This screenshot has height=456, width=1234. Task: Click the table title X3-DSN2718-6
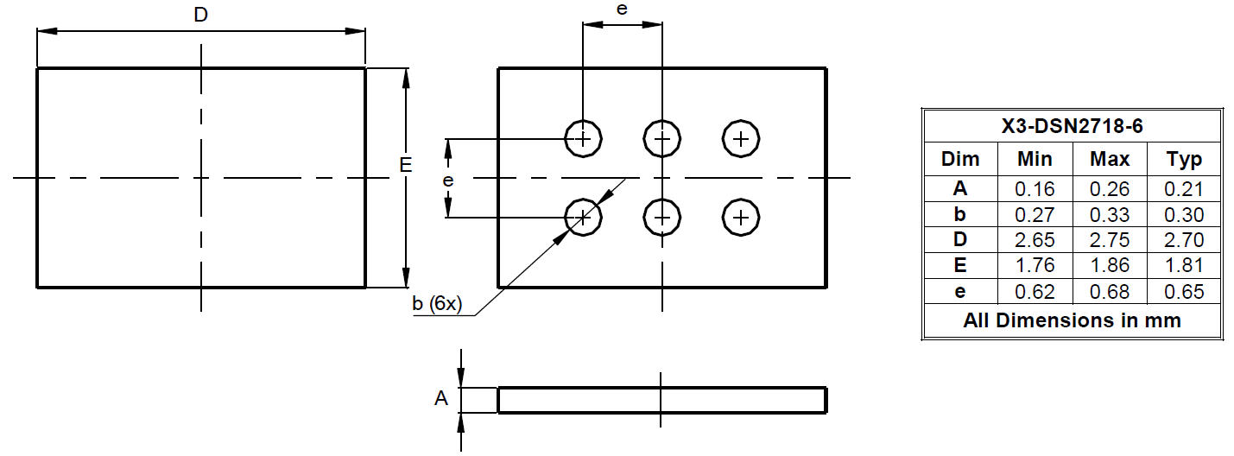(x=1072, y=127)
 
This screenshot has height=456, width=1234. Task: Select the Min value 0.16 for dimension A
(x=1035, y=189)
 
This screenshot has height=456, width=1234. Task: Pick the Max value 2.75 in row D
(x=1110, y=240)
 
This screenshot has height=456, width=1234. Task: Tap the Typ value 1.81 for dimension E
(x=1184, y=265)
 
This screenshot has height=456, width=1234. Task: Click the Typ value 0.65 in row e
(x=1184, y=291)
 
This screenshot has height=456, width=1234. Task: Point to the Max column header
(x=1110, y=159)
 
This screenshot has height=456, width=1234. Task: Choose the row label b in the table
(x=959, y=214)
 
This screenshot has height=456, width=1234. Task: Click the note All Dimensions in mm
(x=1072, y=320)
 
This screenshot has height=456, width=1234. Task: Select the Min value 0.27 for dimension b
(x=1035, y=214)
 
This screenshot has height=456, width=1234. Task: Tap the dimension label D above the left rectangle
(x=200, y=15)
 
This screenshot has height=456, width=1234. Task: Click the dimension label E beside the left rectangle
(x=406, y=164)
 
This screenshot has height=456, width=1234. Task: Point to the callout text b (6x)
(x=438, y=304)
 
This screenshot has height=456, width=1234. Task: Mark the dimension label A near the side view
(x=441, y=399)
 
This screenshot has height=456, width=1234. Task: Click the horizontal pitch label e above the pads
(x=622, y=9)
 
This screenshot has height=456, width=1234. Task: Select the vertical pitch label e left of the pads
(x=447, y=180)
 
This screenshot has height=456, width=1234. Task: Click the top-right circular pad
(x=740, y=138)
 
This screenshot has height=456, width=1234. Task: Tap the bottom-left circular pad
(x=583, y=217)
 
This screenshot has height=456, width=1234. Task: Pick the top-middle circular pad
(x=661, y=138)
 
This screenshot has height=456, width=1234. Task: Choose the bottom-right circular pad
(x=740, y=217)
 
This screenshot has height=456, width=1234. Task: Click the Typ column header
(x=1184, y=159)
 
